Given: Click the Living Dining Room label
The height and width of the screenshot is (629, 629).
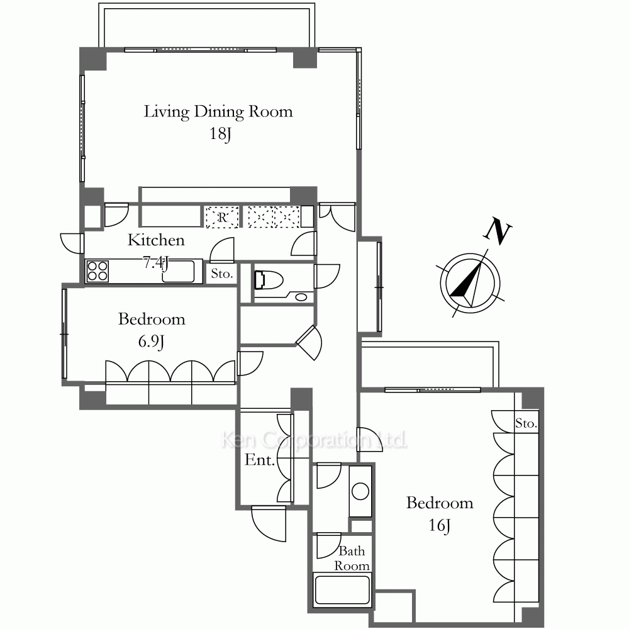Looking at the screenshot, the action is pos(218,112).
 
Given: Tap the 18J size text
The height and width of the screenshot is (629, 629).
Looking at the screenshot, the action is pos(220,133).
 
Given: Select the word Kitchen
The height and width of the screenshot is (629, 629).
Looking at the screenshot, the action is pos(156,240).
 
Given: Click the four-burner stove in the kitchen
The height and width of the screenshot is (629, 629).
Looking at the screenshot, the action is pos(97,271).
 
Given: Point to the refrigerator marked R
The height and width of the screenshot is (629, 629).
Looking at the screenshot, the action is pos(222,217).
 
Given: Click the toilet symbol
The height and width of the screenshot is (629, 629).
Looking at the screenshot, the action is pos(269,279).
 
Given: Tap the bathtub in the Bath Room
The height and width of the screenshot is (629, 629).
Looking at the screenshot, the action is pos(342,590).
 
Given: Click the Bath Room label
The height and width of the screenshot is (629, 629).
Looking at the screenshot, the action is pos(352,558).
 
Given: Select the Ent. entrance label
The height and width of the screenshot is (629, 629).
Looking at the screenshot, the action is pos(260,460).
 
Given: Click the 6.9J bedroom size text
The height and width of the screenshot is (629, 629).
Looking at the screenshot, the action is pos(151,342).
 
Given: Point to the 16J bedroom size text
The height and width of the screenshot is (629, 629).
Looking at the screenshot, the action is pos(439,525).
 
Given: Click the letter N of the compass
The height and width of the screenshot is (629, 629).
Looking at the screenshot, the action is pos(498,231).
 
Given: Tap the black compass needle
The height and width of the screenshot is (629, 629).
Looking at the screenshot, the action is pos(466,280).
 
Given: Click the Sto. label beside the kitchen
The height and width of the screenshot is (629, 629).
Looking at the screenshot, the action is pos(222,274).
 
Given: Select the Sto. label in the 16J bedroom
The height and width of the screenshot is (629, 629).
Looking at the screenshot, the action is pos(526,423).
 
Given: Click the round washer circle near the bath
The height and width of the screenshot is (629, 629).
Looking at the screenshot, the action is pos(360,492).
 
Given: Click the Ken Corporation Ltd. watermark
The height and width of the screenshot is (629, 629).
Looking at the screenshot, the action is pos(314,440).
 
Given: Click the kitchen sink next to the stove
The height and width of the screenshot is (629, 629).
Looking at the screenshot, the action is pos(178,272).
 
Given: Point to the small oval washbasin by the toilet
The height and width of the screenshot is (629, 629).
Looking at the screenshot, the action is pos(301,298).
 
